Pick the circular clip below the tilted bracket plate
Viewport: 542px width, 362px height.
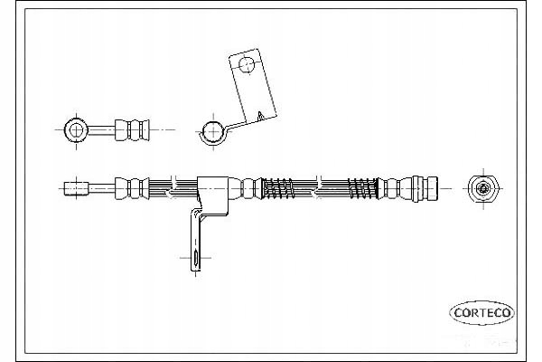[x=212, y=132]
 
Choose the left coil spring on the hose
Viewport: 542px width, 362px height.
[x=279, y=188]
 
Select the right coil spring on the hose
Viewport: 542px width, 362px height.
[x=364, y=188]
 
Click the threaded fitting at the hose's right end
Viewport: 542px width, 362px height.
[x=425, y=188]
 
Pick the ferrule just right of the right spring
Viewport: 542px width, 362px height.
[x=391, y=188]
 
